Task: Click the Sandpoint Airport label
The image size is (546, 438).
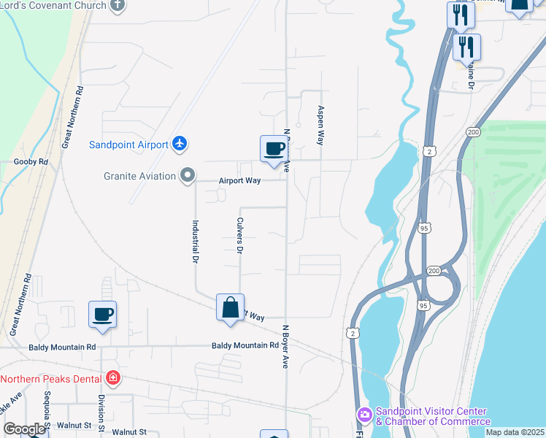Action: click(129, 145)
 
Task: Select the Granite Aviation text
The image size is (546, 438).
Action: click(139, 176)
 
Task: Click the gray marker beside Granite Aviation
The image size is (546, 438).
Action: click(188, 175)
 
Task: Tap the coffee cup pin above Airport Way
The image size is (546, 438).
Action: click(274, 150)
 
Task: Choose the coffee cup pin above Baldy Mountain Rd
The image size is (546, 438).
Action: click(102, 315)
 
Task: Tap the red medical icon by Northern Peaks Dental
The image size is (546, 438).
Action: click(112, 378)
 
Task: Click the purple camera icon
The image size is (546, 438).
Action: click(364, 415)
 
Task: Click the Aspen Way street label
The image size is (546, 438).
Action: click(320, 125)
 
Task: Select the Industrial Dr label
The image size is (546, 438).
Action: click(196, 242)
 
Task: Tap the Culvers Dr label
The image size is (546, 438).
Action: click(239, 235)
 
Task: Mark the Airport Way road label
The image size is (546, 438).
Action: click(240, 180)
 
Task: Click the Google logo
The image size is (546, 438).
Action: click(24, 429)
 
